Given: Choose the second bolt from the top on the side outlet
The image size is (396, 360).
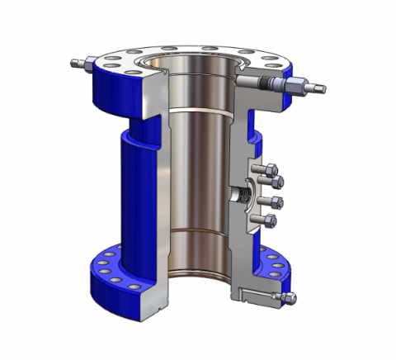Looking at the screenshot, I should click(277, 182).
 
